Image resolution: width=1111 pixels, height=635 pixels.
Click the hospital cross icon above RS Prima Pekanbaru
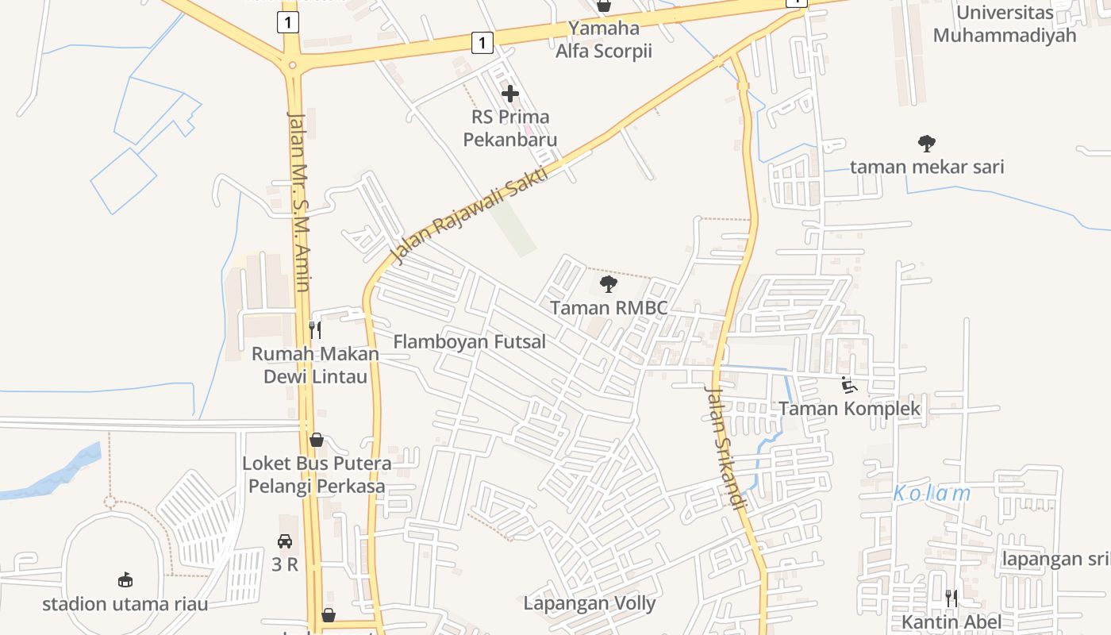click(x=510, y=94)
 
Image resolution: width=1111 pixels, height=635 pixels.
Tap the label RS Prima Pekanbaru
click(x=510, y=129)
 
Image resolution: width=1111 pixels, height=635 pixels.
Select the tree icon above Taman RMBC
click(x=609, y=284)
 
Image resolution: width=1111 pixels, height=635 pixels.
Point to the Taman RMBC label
click(x=609, y=308)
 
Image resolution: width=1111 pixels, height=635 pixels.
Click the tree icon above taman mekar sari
click(x=926, y=144)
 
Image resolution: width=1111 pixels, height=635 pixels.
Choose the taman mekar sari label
click(x=927, y=167)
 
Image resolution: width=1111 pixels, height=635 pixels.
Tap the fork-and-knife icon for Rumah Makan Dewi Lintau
click(x=316, y=329)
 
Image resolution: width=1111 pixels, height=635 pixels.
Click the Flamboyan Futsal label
click(x=470, y=342)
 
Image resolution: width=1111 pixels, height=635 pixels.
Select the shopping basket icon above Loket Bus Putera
click(x=317, y=440)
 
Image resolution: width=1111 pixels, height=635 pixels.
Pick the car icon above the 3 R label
click(x=285, y=541)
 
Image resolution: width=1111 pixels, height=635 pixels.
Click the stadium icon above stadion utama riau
click(x=125, y=580)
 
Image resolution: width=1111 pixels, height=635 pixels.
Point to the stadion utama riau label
click(x=125, y=604)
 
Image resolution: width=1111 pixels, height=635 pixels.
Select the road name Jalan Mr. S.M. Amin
click(x=299, y=202)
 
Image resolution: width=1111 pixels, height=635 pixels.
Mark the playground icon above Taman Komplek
click(x=849, y=385)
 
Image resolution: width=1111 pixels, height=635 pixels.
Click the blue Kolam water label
click(x=932, y=494)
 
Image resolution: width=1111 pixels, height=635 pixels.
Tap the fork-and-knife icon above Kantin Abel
click(x=951, y=598)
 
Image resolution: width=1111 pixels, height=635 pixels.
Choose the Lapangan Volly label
click(x=590, y=603)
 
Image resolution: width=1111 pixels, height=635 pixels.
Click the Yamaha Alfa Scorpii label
click(x=604, y=40)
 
